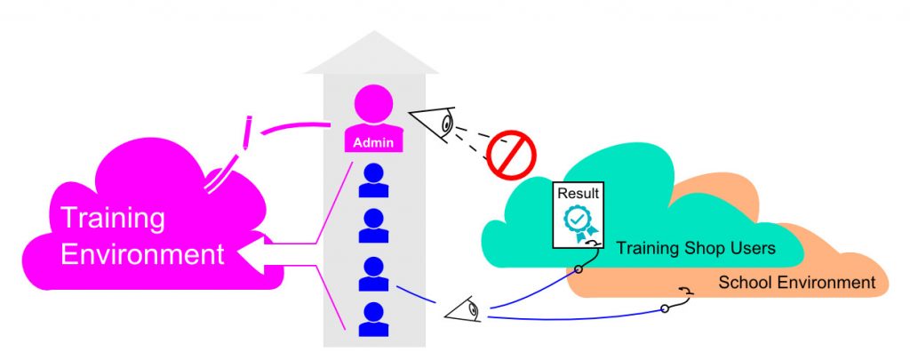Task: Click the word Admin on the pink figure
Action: pos(373,141)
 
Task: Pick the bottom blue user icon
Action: pos(373,319)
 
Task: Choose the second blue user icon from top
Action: pos(373,225)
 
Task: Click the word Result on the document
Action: pos(578,192)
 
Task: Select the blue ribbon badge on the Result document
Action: pos(579,221)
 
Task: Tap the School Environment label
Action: pos(796,283)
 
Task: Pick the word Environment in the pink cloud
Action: pos(141,255)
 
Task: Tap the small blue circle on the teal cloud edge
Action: pos(579,268)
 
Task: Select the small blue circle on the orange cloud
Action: pos(665,308)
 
